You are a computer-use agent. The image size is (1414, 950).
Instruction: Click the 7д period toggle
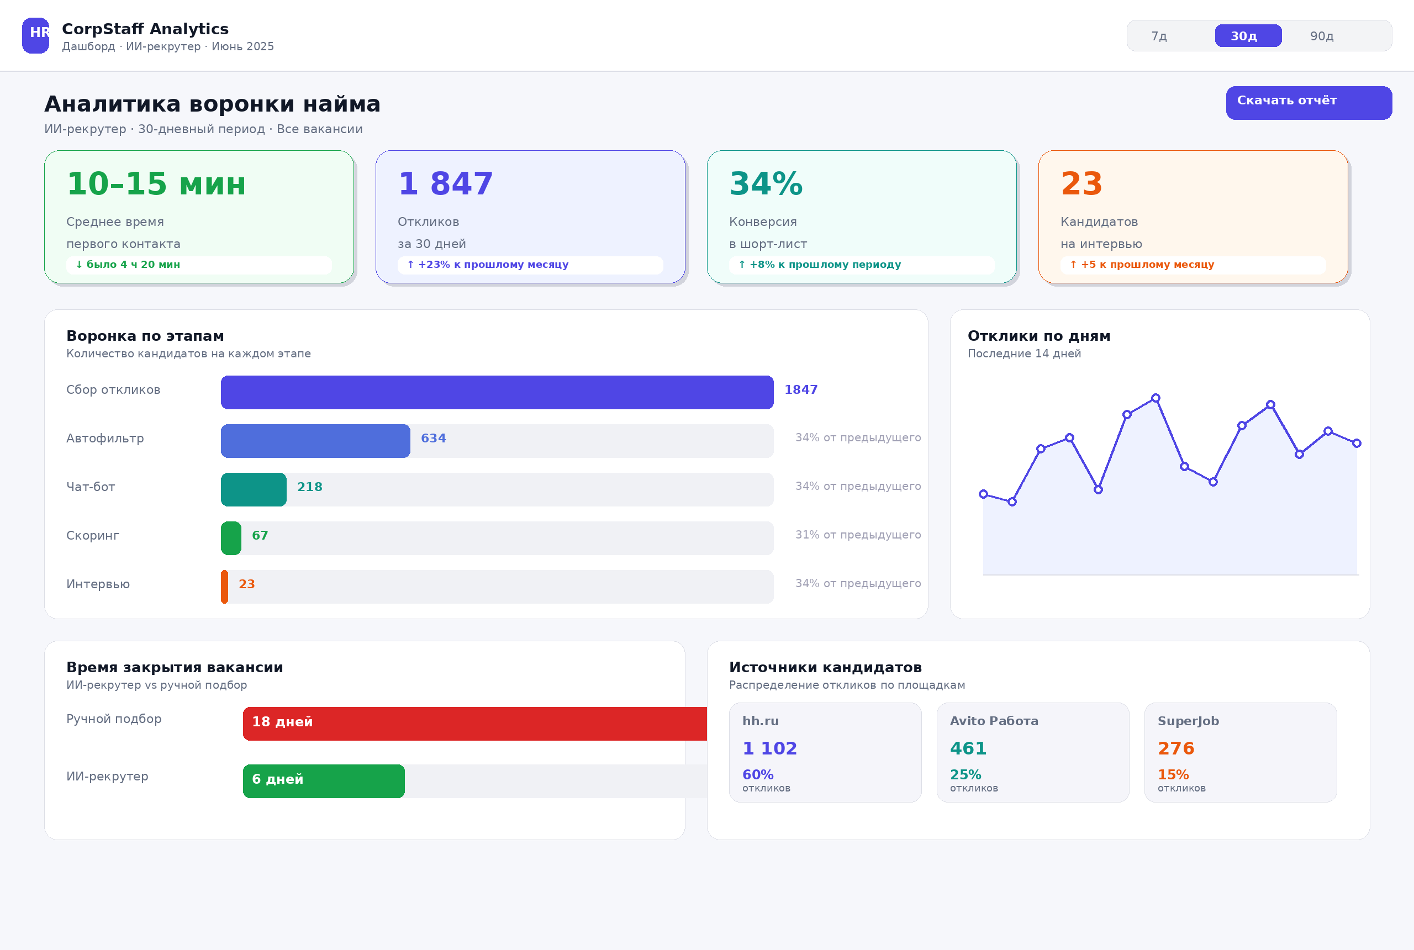(x=1159, y=36)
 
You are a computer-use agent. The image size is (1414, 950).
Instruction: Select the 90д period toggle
(x=1322, y=36)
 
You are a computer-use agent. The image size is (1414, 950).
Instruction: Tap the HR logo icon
(x=36, y=36)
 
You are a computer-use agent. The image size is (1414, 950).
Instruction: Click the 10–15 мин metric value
(x=156, y=184)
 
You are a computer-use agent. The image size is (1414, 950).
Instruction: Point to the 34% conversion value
(x=766, y=184)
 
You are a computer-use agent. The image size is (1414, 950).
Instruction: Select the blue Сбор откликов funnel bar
(x=497, y=393)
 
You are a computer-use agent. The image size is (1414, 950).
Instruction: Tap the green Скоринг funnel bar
(x=231, y=538)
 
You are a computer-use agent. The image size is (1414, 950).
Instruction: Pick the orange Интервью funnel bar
(x=225, y=587)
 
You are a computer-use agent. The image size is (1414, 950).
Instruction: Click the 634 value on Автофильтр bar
(x=433, y=438)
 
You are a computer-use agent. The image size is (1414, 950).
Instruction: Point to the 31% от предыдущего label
(x=858, y=535)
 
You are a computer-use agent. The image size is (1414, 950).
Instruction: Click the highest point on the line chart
(x=1156, y=398)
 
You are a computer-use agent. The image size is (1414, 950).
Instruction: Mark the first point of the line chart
(x=983, y=494)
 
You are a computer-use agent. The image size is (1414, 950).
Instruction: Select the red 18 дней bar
(x=475, y=724)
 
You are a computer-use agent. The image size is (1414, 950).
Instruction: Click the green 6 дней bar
(x=324, y=781)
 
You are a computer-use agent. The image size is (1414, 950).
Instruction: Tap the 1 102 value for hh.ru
(x=769, y=748)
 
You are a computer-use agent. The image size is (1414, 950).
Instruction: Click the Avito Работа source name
(x=994, y=721)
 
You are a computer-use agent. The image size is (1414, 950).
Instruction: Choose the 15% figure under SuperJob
(x=1173, y=775)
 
